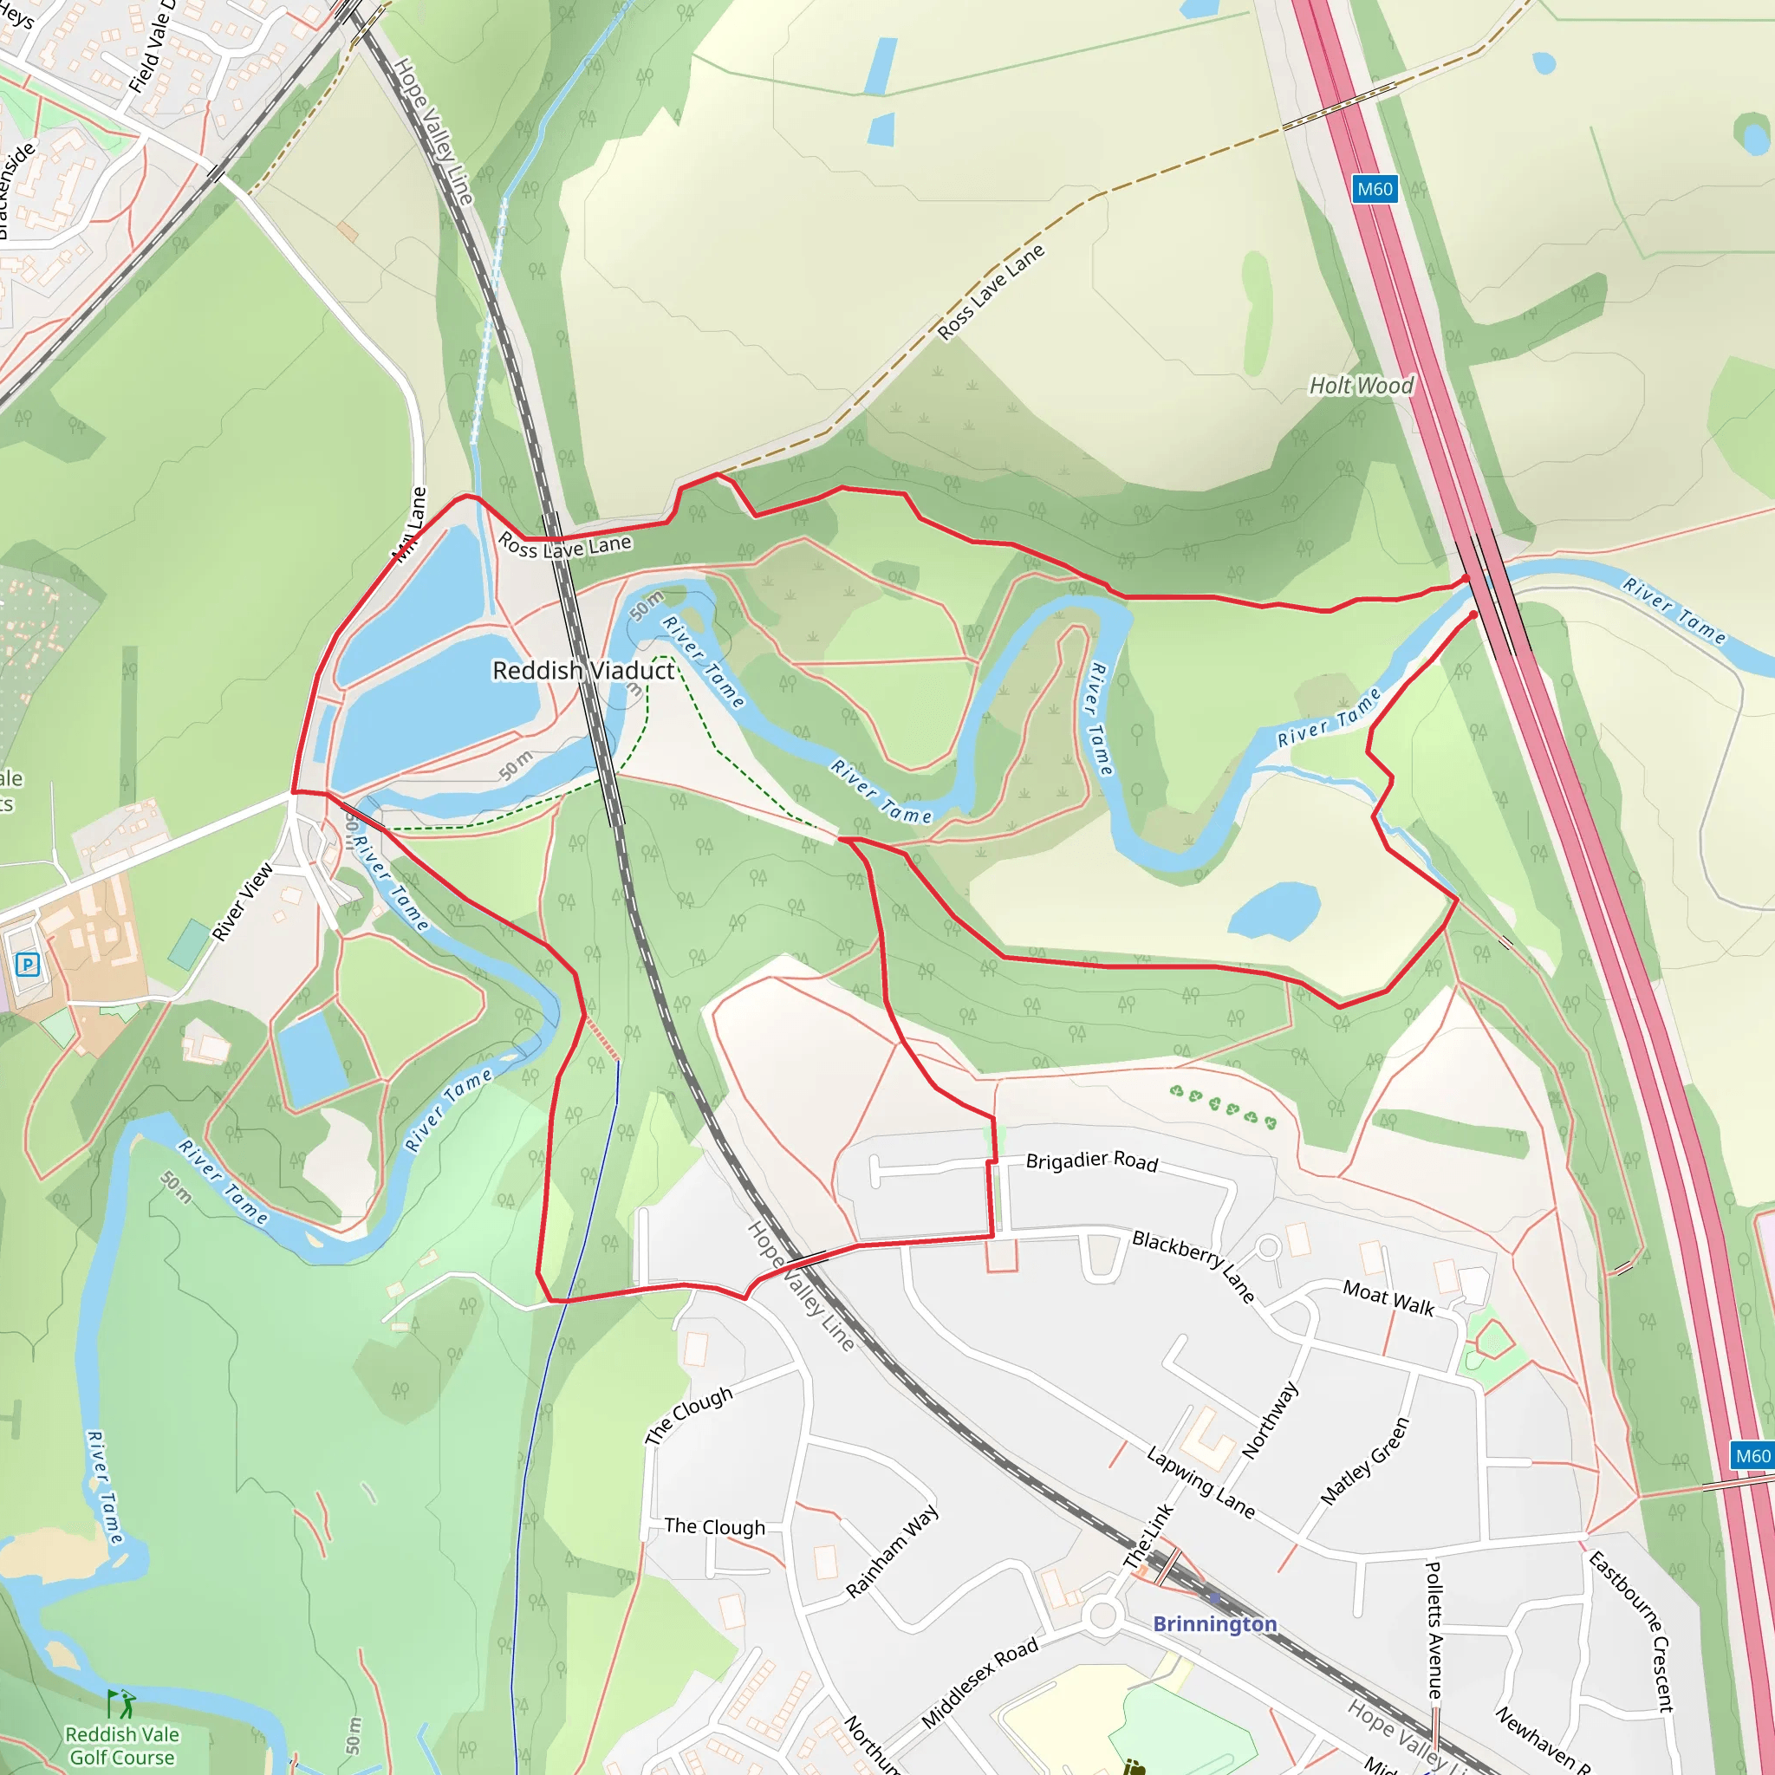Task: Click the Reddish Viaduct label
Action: (x=583, y=671)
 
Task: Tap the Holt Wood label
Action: (x=1361, y=386)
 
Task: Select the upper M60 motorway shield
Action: (x=1375, y=189)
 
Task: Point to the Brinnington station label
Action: (x=1214, y=1624)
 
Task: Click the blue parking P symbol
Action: (x=28, y=965)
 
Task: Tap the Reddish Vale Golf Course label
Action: (x=122, y=1746)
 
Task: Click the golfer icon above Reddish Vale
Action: (x=120, y=1704)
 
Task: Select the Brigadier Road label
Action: (x=1091, y=1161)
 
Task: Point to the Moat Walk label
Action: (x=1388, y=1298)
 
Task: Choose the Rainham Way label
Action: (x=891, y=1551)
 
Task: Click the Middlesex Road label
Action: (x=979, y=1683)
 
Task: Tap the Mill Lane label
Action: (x=410, y=524)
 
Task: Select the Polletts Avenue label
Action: (x=1434, y=1630)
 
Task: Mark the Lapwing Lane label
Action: (x=1200, y=1482)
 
